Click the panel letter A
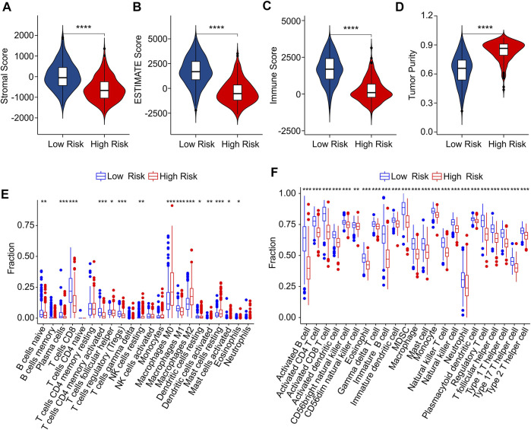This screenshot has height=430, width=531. (x=7, y=9)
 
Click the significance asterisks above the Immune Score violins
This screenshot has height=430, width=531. (x=351, y=30)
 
